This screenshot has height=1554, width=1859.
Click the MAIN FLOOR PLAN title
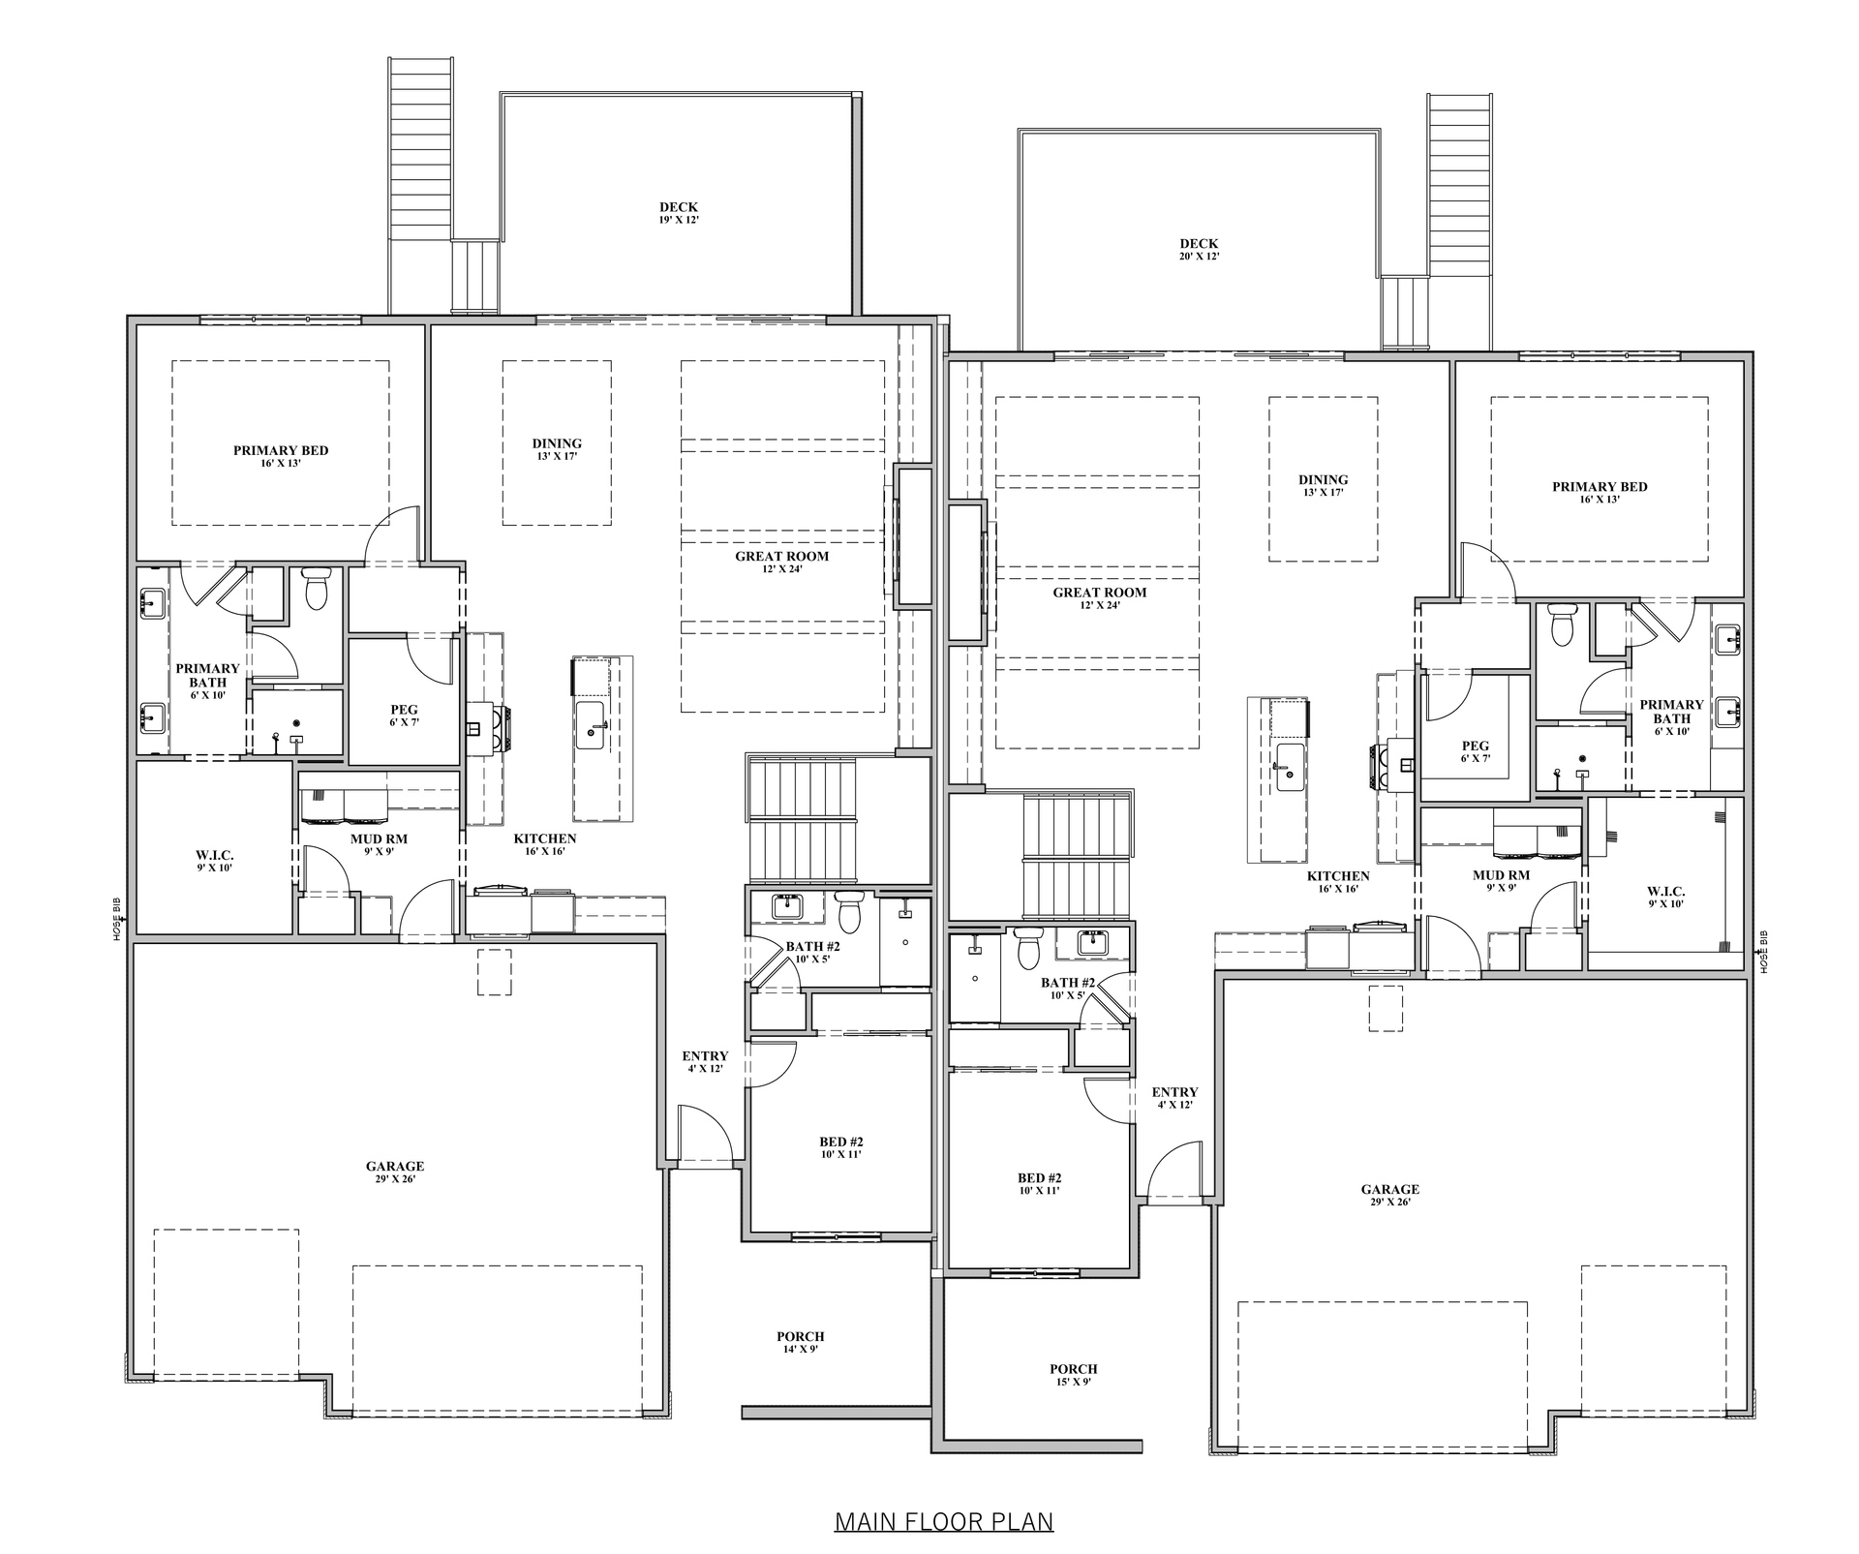[x=944, y=1521]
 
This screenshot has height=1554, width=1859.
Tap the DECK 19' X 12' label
[x=678, y=213]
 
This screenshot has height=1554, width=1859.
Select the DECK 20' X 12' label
[x=1199, y=250]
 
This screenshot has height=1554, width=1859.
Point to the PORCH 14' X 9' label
[x=801, y=1342]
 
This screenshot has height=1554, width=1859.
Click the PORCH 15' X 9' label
[x=1074, y=1375]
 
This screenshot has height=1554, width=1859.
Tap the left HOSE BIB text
[x=117, y=919]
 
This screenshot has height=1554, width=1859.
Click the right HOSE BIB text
[x=1764, y=953]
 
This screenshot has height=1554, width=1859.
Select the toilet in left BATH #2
[x=849, y=911]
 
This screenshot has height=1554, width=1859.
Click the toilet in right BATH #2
[x=1027, y=947]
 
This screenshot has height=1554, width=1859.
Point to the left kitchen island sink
[x=590, y=726]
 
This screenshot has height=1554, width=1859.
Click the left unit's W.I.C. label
[x=215, y=861]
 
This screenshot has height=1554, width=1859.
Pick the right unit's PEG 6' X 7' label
[x=1476, y=751]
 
